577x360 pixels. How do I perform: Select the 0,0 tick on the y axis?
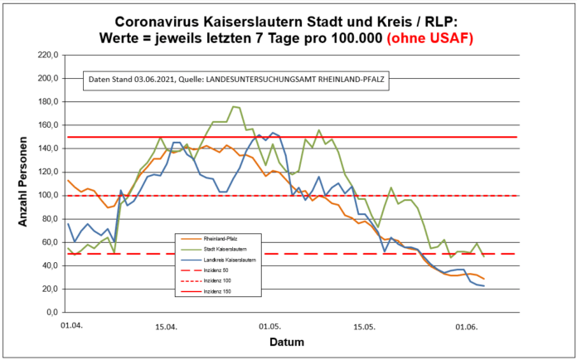tap(46, 313)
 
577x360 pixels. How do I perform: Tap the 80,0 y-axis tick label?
tap(45, 219)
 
